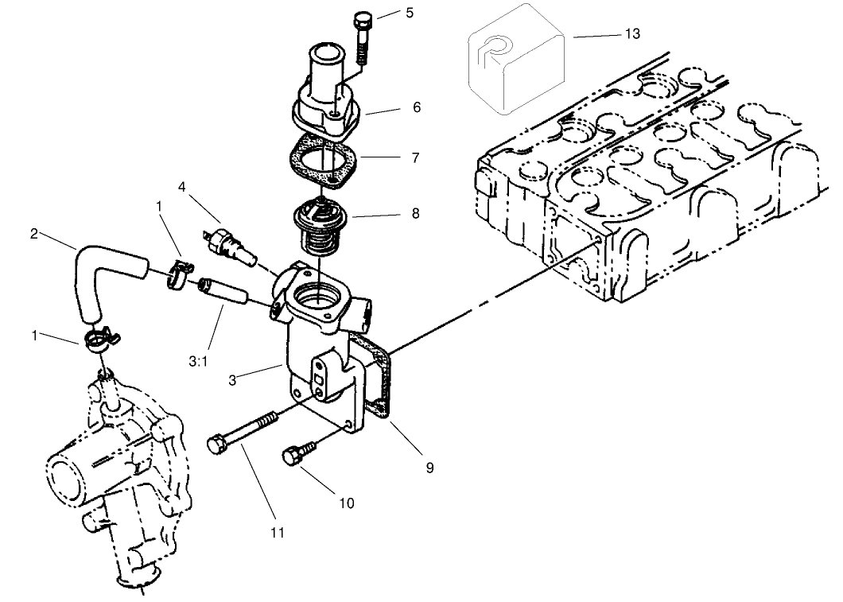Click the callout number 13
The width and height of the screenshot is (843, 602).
632,33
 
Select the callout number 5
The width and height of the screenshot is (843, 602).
410,14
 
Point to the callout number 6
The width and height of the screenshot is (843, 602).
416,107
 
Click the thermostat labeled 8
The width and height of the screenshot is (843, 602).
318,220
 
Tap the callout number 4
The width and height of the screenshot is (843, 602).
182,187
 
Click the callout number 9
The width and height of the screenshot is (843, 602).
429,468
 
